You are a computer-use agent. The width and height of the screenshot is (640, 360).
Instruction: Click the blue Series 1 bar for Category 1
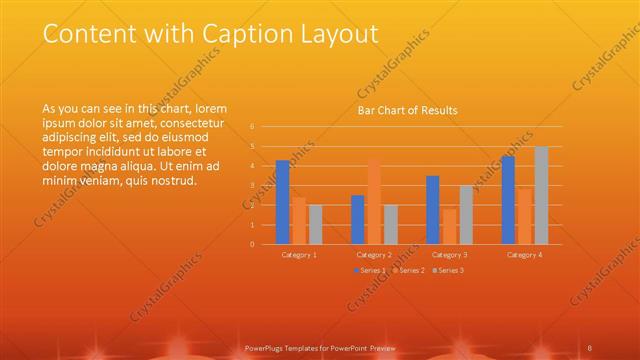coord(283,202)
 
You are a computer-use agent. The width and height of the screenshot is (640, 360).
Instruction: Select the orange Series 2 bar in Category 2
coord(374,201)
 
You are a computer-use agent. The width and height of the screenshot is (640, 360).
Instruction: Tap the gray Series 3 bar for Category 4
coord(541,195)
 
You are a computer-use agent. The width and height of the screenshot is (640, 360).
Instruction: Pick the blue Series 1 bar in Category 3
coord(432,210)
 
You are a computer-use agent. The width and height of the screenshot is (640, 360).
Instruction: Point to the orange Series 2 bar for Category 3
coord(449,226)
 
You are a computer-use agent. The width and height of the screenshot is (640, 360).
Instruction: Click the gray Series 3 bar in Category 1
coord(316,224)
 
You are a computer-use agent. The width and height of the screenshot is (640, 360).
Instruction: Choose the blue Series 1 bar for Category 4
coord(508,200)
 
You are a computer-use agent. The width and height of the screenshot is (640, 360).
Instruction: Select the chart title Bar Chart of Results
coord(408,111)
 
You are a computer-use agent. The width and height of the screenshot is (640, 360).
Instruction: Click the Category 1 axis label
coord(299,255)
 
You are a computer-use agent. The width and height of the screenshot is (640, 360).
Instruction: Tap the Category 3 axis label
coord(449,255)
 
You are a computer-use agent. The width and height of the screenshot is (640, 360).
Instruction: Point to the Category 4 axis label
coord(524,255)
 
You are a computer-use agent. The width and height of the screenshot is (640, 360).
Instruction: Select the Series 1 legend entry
coord(370,270)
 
